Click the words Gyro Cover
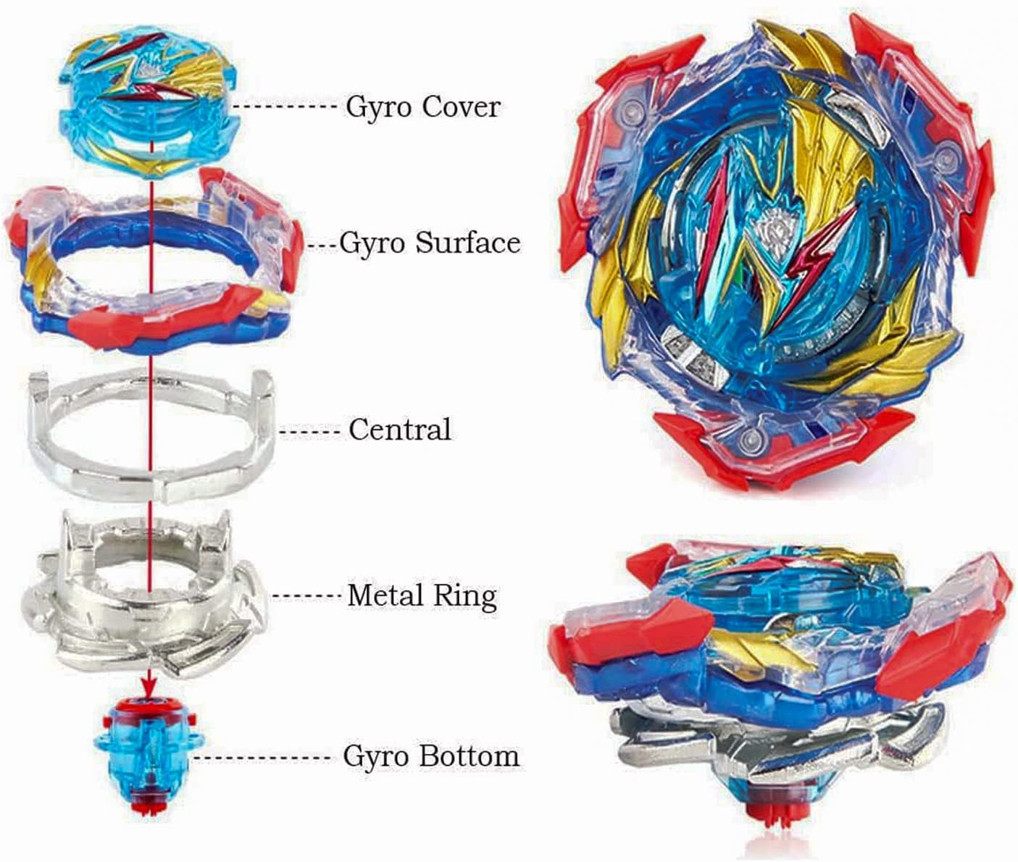(422, 107)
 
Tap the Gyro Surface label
(430, 243)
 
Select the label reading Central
(399, 430)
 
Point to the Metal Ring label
(422, 596)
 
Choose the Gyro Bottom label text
(431, 757)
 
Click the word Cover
(462, 107)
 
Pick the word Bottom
(472, 757)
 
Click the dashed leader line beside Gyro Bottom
(264, 758)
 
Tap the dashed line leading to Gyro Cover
(287, 107)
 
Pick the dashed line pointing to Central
(309, 432)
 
